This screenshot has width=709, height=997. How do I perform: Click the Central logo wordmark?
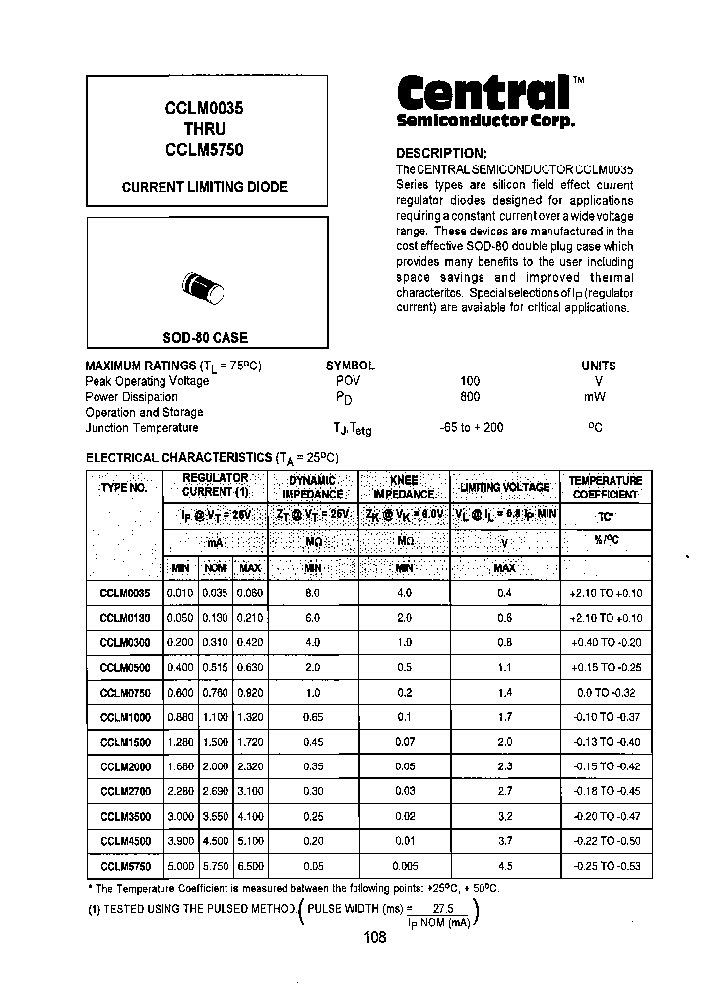[x=483, y=94]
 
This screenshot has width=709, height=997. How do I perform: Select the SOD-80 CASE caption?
[x=205, y=338]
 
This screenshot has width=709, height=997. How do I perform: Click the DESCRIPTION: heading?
[x=441, y=153]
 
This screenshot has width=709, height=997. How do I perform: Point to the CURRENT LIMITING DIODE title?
[x=205, y=186]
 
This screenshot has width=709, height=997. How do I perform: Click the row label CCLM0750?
[x=125, y=693]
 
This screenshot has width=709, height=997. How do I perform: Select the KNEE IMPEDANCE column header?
[x=404, y=488]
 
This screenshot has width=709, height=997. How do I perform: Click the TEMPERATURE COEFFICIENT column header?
[x=605, y=488]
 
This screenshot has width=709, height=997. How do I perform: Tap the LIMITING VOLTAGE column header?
[x=504, y=488]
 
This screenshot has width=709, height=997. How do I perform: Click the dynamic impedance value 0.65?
[x=312, y=717]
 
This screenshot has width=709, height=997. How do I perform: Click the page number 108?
[x=373, y=938]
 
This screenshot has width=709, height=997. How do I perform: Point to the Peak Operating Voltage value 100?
[x=470, y=381]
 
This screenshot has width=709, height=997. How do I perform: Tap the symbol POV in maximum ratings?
[x=348, y=381]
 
